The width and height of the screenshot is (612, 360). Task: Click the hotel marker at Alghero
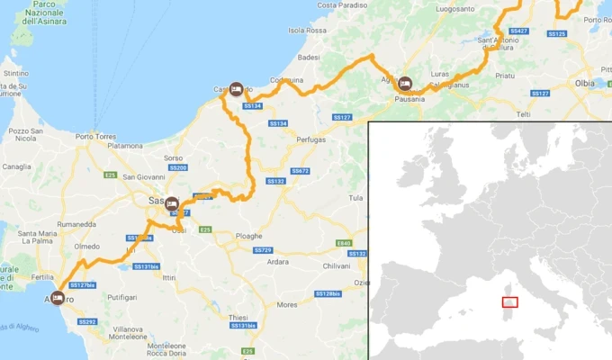click(58, 296)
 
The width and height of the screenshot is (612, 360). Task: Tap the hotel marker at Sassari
click(171, 204)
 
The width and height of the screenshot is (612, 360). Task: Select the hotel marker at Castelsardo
click(236, 89)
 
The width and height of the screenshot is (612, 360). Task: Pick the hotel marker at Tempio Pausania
click(404, 83)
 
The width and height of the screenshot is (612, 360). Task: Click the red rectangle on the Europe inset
click(509, 303)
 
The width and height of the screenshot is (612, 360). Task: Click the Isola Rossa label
click(307, 30)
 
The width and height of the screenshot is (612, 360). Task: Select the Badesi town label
click(309, 57)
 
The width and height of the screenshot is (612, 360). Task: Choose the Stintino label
click(17, 73)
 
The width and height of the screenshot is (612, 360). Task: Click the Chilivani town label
click(337, 265)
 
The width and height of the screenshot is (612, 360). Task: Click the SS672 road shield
click(300, 170)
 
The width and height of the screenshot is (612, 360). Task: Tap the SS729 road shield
click(262, 249)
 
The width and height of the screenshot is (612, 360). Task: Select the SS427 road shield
click(518, 31)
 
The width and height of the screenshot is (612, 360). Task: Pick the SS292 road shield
click(87, 321)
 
